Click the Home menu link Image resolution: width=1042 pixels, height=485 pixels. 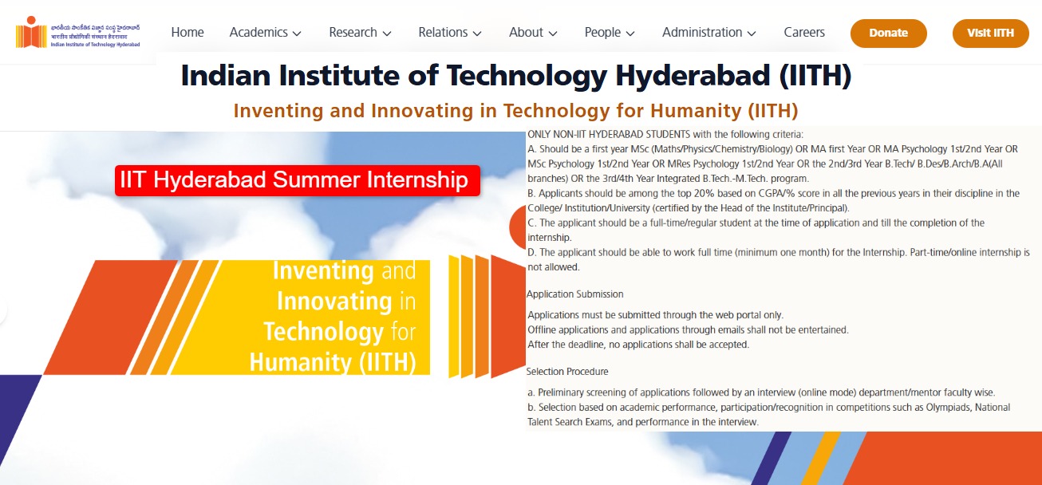[187, 33]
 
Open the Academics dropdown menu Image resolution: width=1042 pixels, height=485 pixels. [265, 33]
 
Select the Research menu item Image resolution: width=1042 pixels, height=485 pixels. [360, 33]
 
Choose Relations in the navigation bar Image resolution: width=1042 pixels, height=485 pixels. [450, 33]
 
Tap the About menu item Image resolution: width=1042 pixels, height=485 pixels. [533, 33]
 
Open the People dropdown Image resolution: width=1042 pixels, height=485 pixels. [610, 33]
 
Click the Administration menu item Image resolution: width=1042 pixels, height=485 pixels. [709, 33]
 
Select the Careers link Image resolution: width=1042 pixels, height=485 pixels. [803, 33]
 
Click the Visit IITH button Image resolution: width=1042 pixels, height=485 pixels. [990, 33]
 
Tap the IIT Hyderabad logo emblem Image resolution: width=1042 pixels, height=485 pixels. [31, 33]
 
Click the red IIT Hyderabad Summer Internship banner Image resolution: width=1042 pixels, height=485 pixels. [298, 180]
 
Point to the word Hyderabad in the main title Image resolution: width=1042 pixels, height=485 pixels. [693, 76]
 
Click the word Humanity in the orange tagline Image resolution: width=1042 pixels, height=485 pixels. [696, 111]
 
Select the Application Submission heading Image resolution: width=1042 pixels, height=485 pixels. [574, 294]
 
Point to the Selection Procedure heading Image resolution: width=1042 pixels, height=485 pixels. [567, 372]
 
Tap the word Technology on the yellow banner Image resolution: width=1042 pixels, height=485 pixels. [324, 332]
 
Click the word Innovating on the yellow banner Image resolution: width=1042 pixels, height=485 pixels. [335, 302]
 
